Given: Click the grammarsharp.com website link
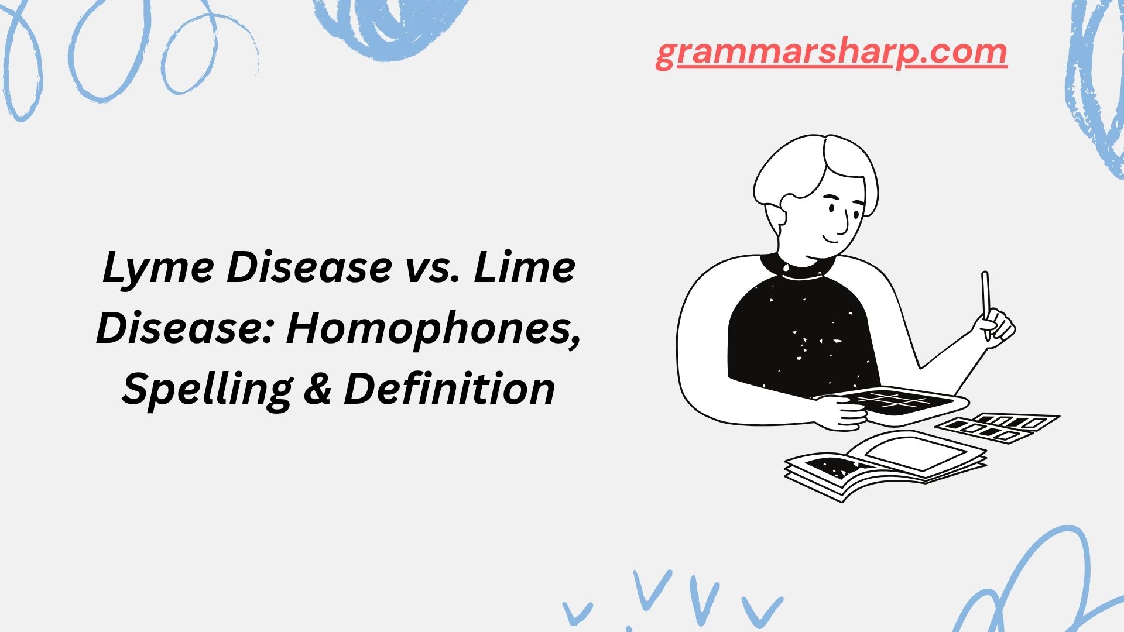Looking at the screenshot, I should pyautogui.click(x=831, y=53).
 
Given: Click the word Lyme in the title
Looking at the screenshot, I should pyautogui.click(x=158, y=268).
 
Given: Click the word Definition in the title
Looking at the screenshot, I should pyautogui.click(x=450, y=390).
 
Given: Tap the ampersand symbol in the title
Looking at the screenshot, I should pyautogui.click(x=317, y=390).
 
